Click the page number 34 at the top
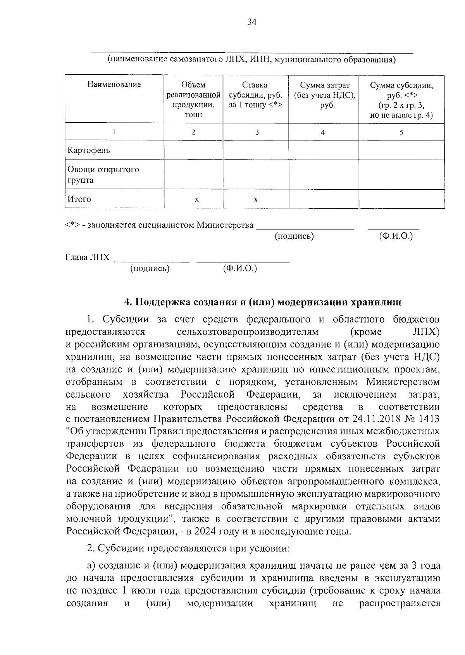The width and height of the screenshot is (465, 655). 252,22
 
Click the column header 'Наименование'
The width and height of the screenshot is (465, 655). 114,84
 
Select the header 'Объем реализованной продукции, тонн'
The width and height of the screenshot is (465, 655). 193,99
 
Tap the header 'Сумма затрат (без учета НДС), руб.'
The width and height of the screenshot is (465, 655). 324,95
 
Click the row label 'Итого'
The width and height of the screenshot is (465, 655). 79,199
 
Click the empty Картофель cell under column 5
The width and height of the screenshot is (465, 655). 401,150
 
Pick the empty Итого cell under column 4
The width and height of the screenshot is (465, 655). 324,199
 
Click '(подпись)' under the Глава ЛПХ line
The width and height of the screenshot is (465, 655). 150,268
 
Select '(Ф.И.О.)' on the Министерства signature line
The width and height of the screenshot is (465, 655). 396,236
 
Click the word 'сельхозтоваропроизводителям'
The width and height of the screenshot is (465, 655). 247,332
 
